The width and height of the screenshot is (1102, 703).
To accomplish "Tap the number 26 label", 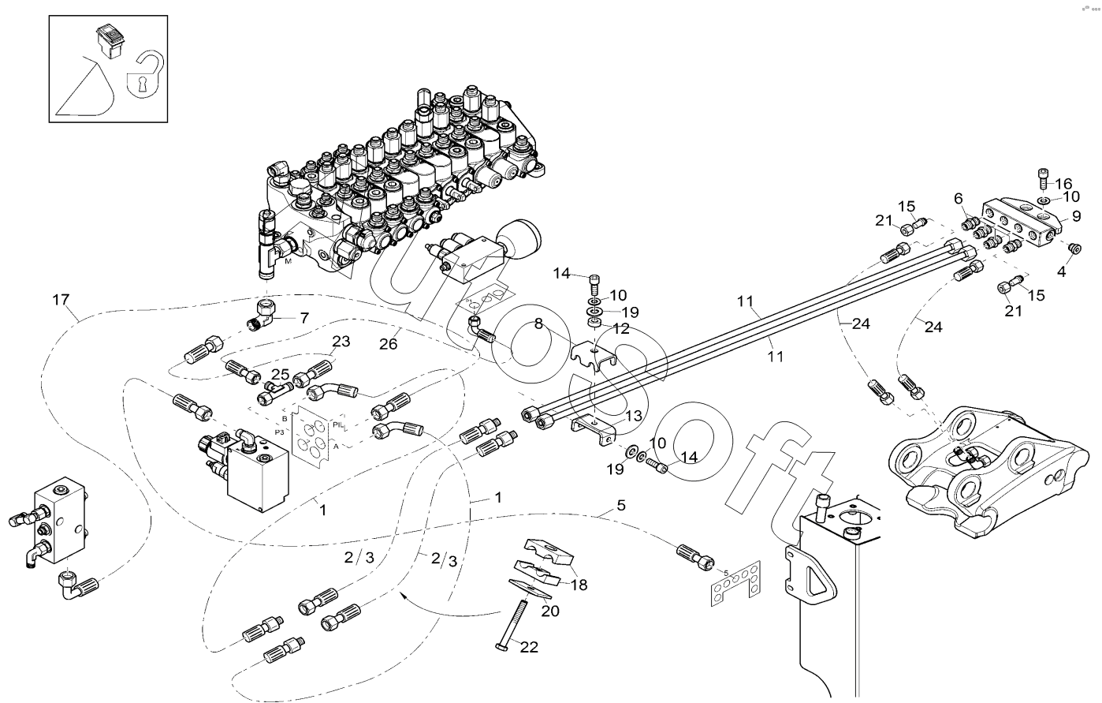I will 388,343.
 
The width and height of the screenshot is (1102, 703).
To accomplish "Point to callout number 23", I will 341,342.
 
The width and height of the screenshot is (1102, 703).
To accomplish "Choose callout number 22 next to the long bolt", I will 529,647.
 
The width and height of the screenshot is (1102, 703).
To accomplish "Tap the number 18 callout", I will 579,585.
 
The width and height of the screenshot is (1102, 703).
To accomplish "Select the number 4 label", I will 1061,271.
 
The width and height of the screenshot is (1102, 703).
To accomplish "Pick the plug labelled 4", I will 1073,249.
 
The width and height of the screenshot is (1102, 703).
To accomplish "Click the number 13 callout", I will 634,415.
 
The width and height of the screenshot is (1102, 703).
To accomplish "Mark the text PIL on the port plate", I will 337,425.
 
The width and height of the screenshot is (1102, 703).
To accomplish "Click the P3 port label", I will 279,432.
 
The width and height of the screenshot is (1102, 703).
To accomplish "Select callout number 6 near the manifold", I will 959,197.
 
